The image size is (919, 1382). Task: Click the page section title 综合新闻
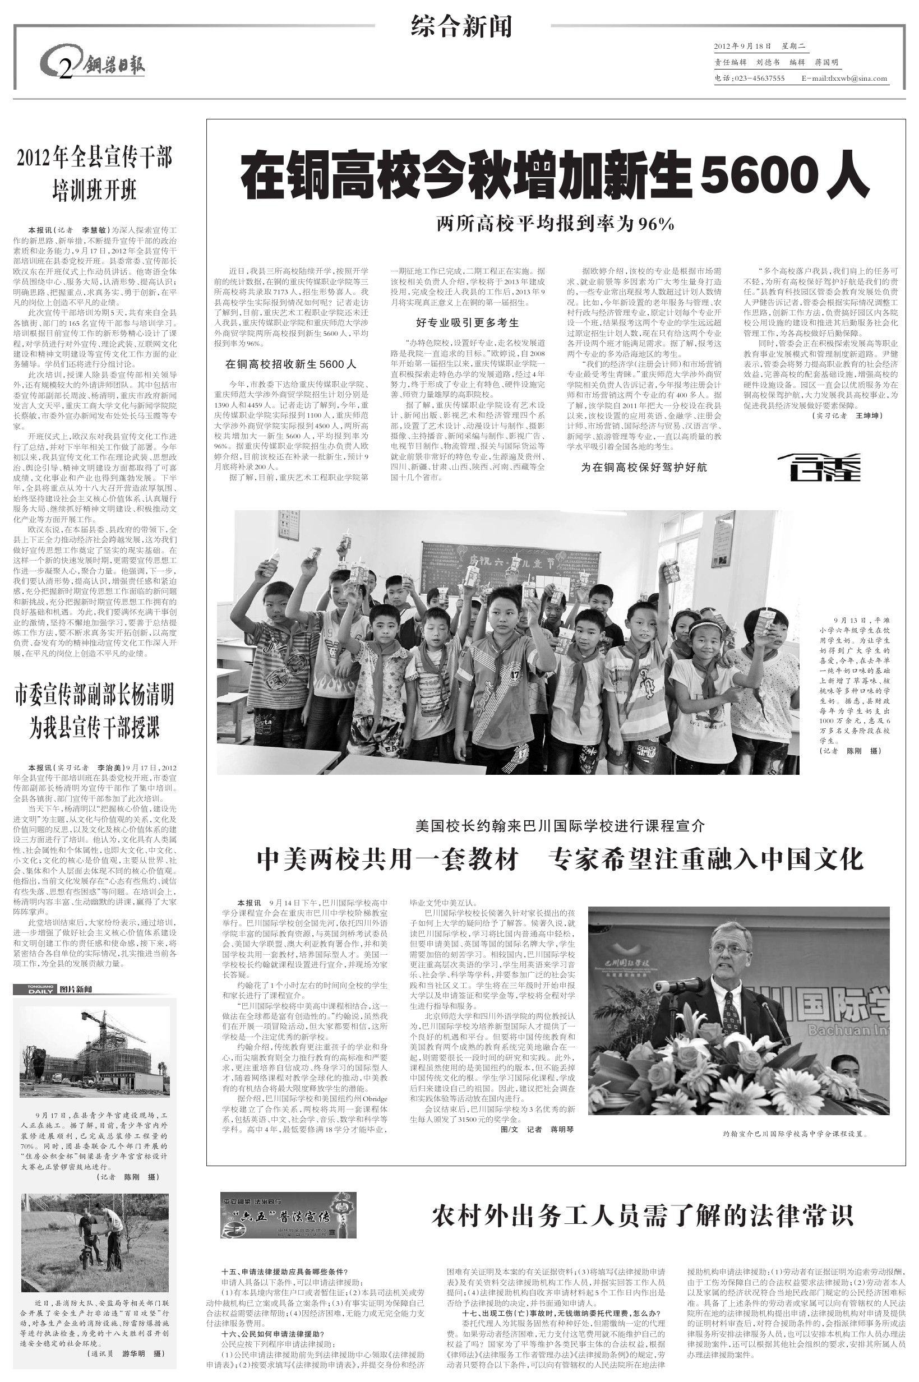point(462,27)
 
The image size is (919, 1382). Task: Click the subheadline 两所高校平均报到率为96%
point(555,223)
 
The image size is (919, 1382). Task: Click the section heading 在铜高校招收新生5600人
point(290,364)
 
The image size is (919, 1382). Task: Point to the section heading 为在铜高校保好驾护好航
point(644,467)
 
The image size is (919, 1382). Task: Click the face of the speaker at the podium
point(729,946)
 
